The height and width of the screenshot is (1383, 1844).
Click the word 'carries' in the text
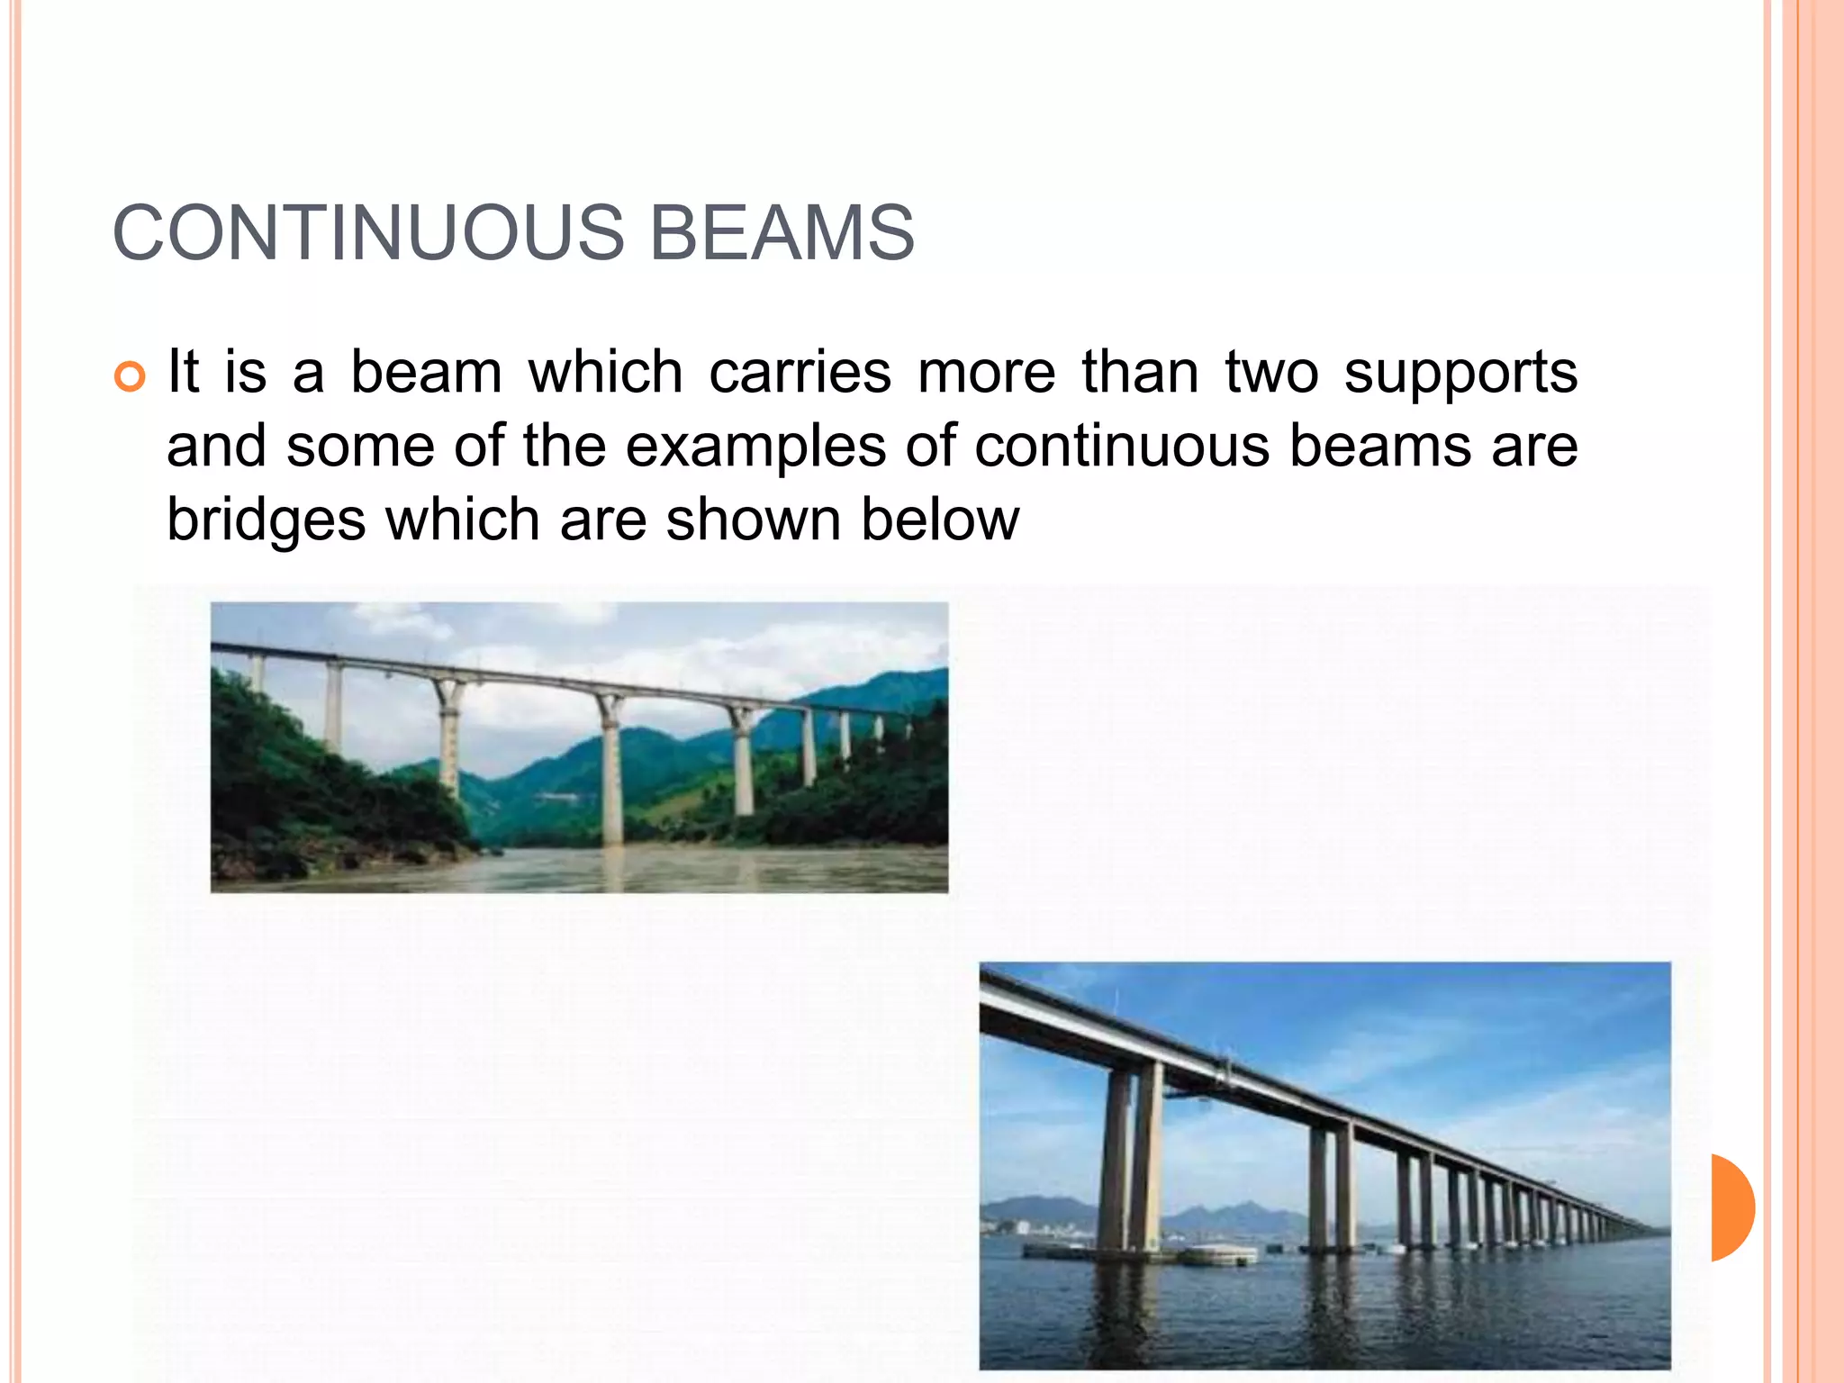(800, 372)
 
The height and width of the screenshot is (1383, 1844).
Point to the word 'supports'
(1460, 374)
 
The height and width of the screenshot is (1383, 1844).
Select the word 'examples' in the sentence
(755, 447)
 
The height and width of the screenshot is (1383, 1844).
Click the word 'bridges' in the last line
(266, 521)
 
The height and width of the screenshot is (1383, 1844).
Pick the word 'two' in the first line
(1271, 372)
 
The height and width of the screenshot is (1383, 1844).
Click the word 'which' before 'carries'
(605, 372)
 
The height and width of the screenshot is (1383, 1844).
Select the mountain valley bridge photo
(579, 747)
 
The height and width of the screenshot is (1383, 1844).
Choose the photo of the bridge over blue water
(1324, 1165)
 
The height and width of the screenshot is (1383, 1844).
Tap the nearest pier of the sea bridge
(1132, 1162)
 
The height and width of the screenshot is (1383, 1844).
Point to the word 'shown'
(752, 520)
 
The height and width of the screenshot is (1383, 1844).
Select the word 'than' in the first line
(1140, 372)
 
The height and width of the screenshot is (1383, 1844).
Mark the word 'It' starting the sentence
(183, 372)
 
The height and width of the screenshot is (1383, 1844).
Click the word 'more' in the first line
(986, 374)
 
